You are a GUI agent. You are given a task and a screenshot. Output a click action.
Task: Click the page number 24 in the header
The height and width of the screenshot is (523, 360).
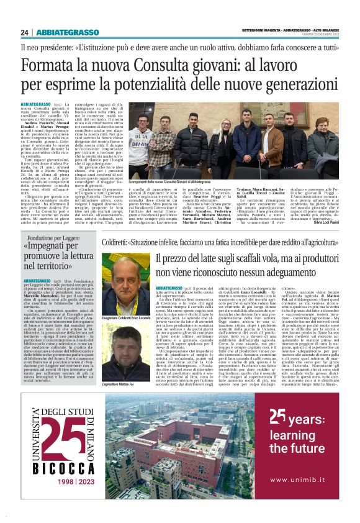coord(24,32)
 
